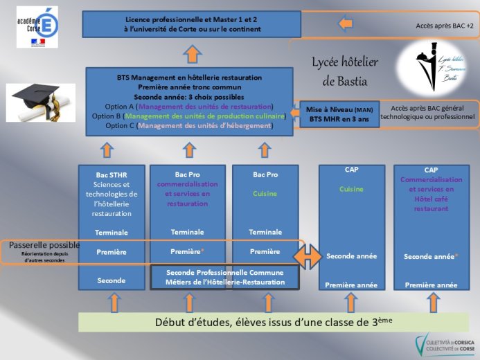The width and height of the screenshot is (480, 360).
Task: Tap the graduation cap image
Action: click(x=42, y=102)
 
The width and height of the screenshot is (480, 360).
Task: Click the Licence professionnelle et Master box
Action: click(x=193, y=25)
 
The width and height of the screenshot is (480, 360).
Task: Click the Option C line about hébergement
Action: click(x=189, y=126)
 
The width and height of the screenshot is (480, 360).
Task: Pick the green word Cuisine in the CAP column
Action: click(x=351, y=189)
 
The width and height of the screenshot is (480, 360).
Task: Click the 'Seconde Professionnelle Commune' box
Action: click(x=225, y=277)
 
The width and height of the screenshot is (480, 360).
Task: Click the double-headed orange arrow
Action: click(x=308, y=255)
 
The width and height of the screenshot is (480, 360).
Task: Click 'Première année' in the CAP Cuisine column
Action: click(x=351, y=285)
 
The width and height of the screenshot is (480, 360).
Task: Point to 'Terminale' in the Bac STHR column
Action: click(x=111, y=232)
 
